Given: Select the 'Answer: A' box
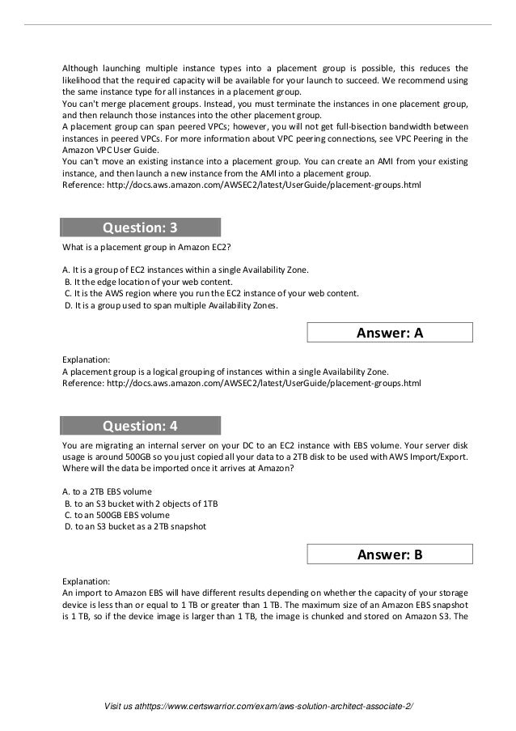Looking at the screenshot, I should click(390, 333).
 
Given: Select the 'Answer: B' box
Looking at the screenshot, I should click(390, 555).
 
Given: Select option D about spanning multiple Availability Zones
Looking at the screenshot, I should click(170, 305).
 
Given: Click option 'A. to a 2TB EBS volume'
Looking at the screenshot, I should click(107, 491).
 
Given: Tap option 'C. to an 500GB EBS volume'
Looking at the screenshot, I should click(116, 515).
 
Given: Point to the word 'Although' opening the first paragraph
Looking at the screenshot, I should click(83, 67).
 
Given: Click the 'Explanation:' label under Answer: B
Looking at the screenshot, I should click(87, 580).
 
